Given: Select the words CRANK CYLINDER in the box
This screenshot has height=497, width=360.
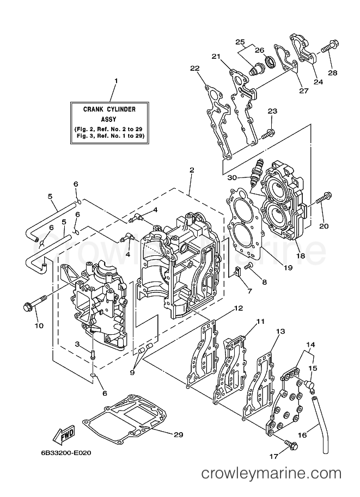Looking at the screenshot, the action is coord(109,109).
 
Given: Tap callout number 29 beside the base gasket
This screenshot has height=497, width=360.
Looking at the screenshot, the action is coord(179,434).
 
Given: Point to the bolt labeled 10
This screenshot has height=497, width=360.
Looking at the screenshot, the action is coord(34,302).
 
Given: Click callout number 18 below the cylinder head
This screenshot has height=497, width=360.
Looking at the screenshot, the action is coord(301,255).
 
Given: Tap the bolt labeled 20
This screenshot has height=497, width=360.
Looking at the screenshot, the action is coord(323,200).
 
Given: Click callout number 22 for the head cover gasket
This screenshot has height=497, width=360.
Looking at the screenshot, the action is coord(195,68).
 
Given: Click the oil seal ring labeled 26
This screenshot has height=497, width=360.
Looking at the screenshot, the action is coord(272,62).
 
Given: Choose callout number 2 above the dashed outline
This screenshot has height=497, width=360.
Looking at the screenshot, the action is coord(191,170).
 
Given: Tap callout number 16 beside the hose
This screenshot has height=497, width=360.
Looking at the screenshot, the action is coord(303,435).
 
